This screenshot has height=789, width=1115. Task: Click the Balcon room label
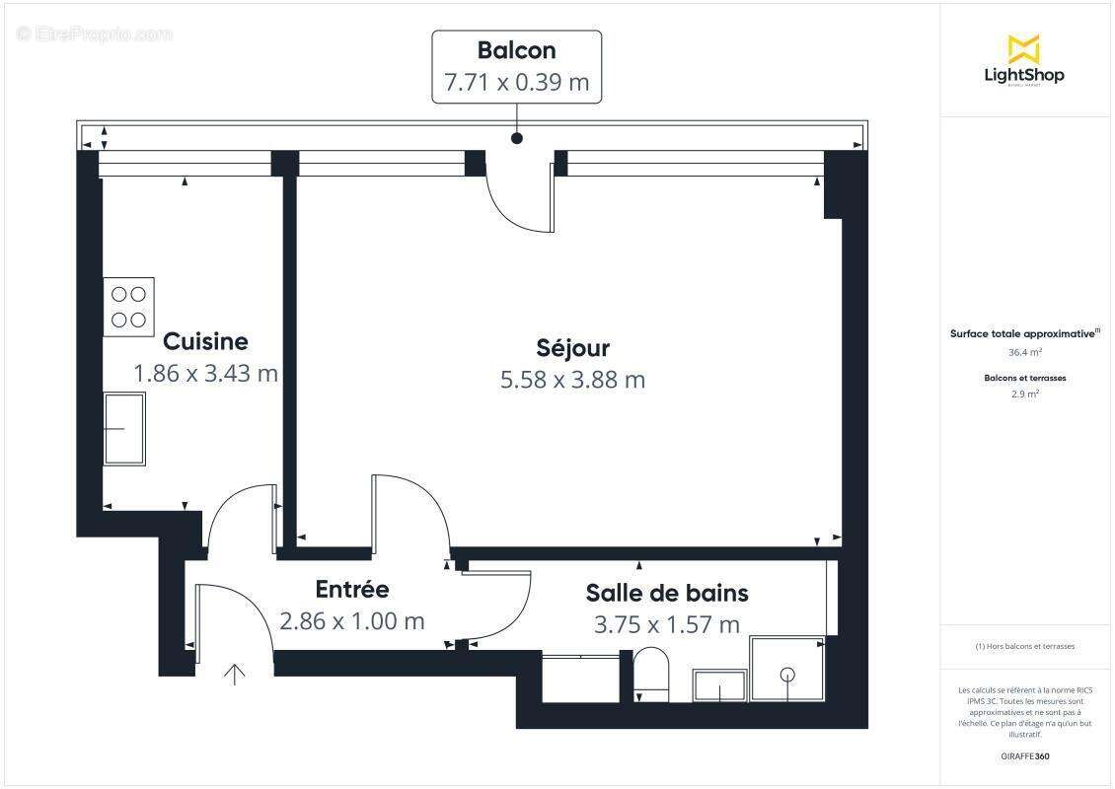pyautogui.click(x=516, y=50)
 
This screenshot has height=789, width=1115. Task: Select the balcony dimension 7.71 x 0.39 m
pyautogui.click(x=516, y=82)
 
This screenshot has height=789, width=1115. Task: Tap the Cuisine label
pyautogui.click(x=205, y=341)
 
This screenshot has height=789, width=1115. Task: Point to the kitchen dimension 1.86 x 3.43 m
pyautogui.click(x=205, y=374)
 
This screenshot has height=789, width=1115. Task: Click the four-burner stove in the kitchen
pyautogui.click(x=129, y=306)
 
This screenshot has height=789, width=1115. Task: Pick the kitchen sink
pyautogui.click(x=124, y=428)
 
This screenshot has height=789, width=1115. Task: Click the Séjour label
pyautogui.click(x=572, y=348)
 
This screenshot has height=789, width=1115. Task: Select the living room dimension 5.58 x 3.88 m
pyautogui.click(x=572, y=380)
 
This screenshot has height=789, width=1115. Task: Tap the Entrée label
pyautogui.click(x=352, y=589)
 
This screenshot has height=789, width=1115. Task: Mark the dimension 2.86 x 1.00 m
pyautogui.click(x=352, y=621)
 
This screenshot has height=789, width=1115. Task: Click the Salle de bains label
pyautogui.click(x=667, y=593)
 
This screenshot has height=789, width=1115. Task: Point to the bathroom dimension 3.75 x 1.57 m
pyautogui.click(x=667, y=624)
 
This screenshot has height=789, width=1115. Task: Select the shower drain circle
pyautogui.click(x=787, y=675)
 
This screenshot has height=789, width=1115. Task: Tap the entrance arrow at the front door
pyautogui.click(x=234, y=675)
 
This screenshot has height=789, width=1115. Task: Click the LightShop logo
pyautogui.click(x=1023, y=60)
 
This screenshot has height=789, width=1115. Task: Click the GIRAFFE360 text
pyautogui.click(x=1024, y=756)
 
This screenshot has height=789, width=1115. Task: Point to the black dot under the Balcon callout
pyautogui.click(x=516, y=139)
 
